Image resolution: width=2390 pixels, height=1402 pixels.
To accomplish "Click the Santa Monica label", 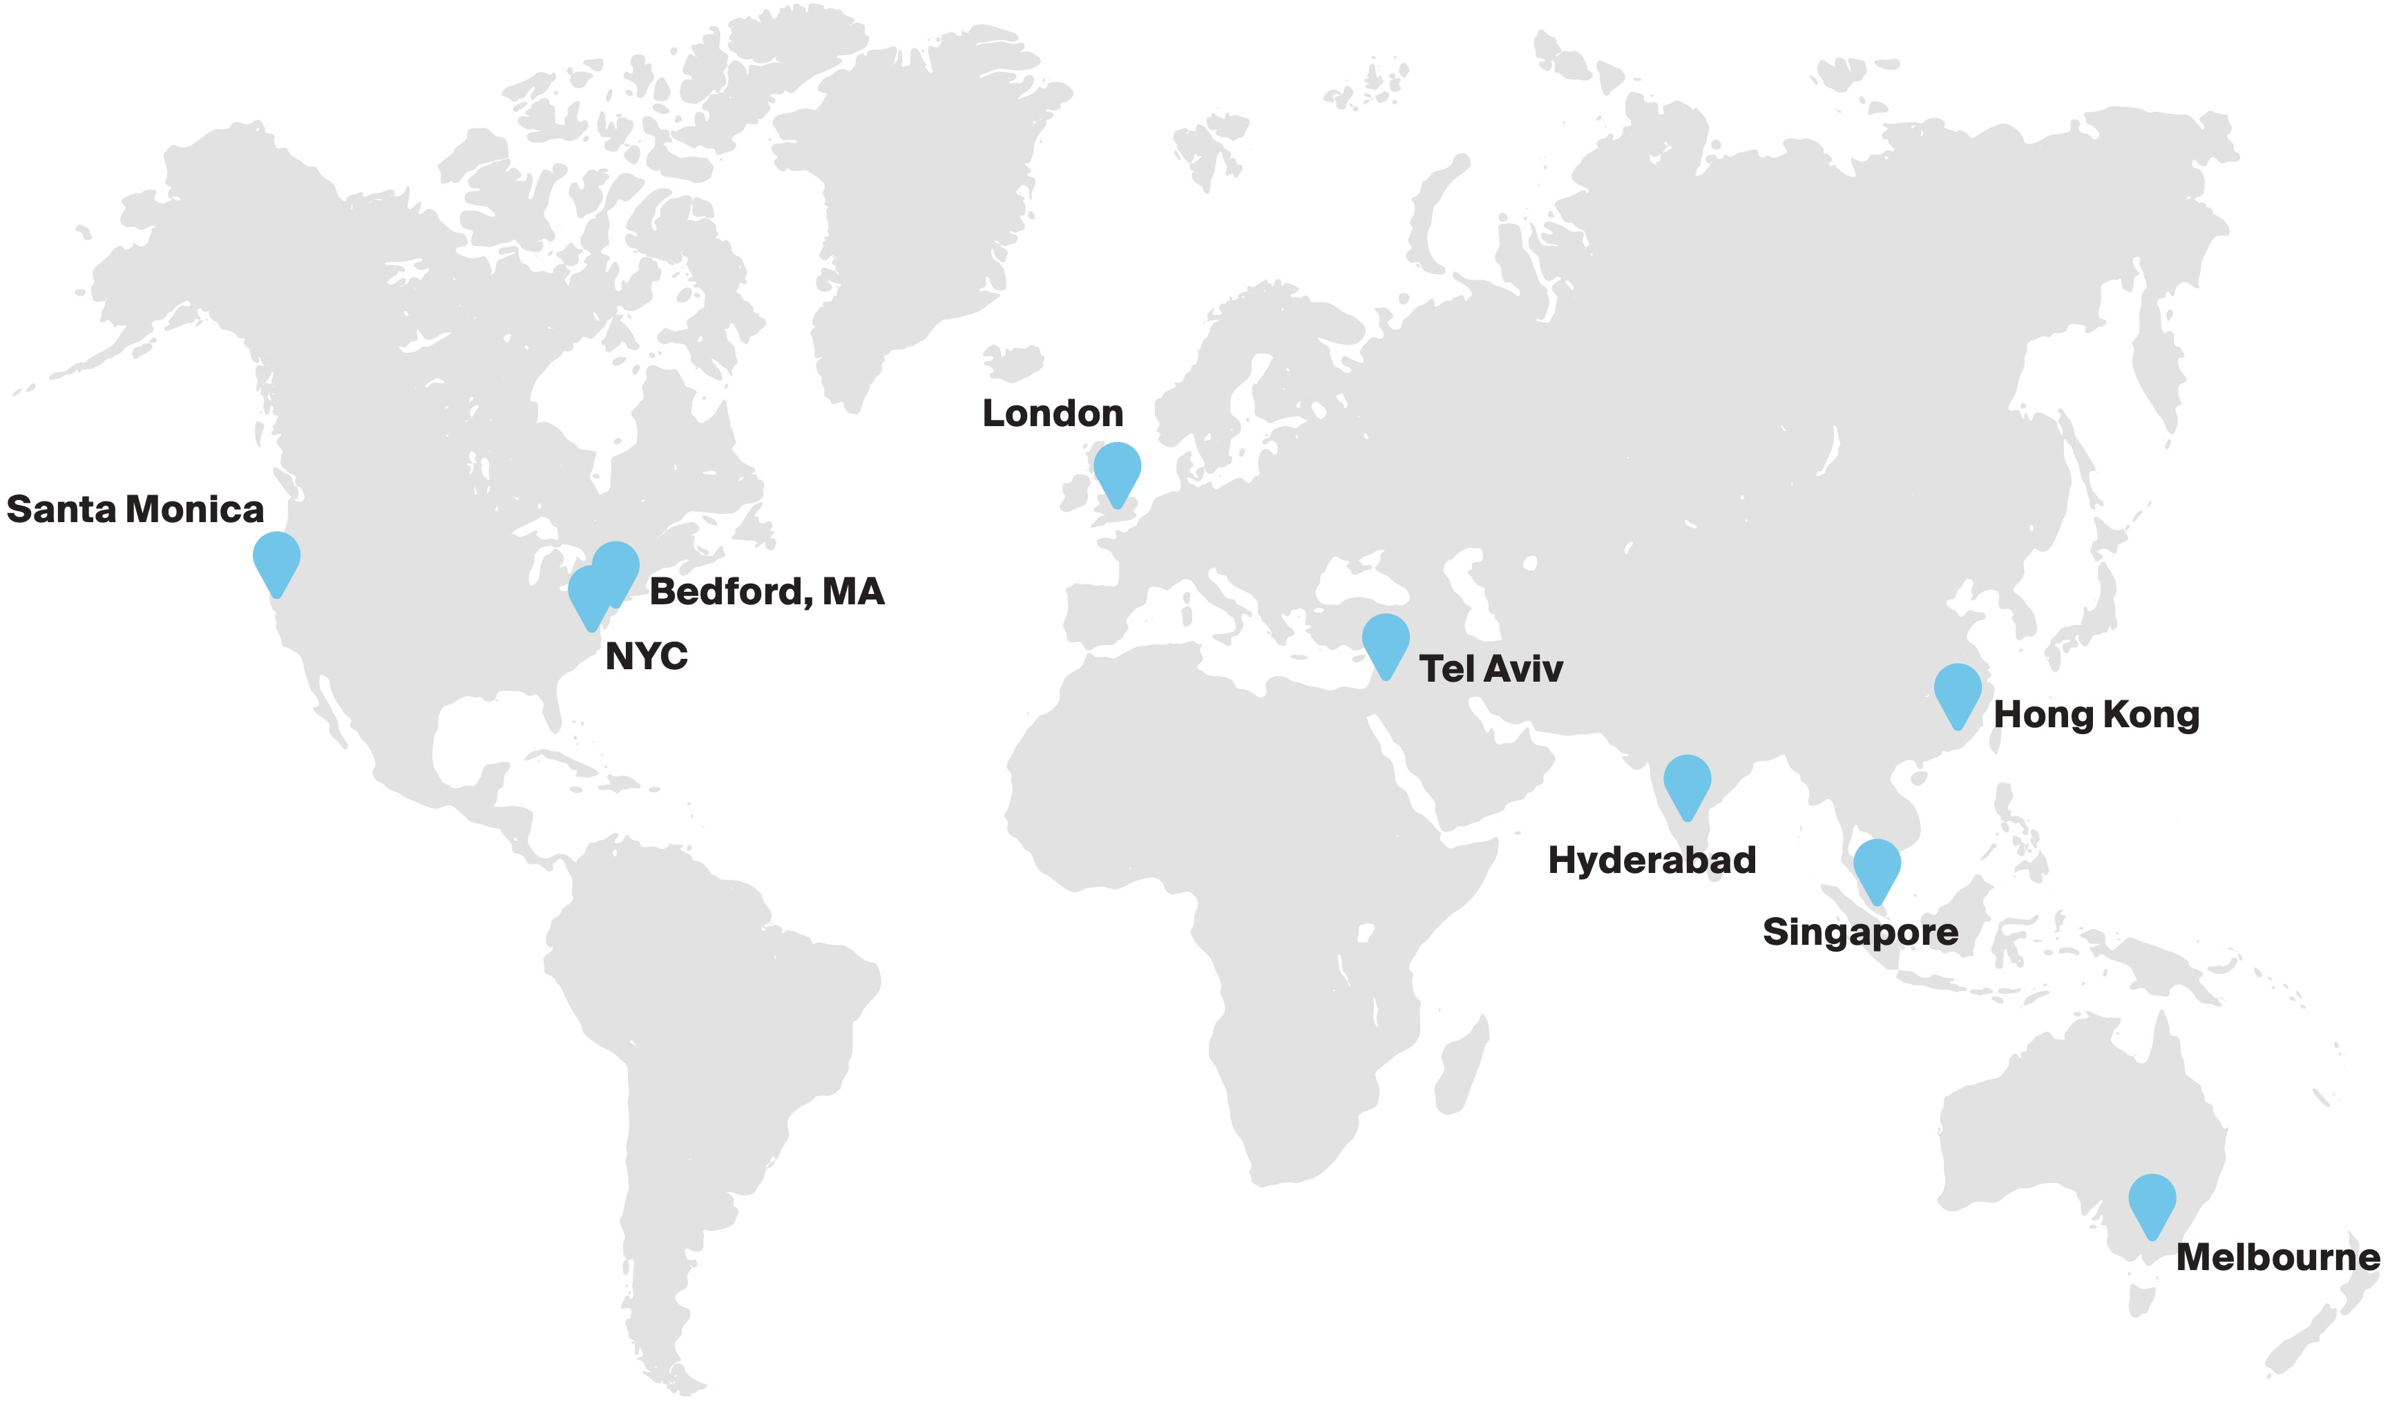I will pos(135,510).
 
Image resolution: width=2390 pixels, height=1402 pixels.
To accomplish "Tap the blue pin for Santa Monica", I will pos(277,559).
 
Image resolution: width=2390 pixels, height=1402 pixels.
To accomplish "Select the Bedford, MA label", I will pos(766,592).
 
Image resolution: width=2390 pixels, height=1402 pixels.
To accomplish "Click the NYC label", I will pos(646,656).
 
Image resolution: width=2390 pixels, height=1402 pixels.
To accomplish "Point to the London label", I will pos(1053,414).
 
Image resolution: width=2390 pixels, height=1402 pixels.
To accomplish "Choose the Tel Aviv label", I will pos(1491,670).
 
